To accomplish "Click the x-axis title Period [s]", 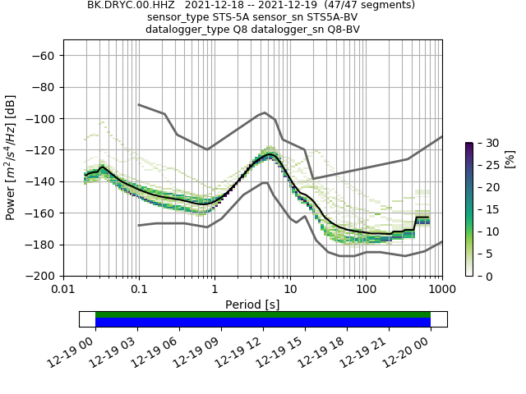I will click(x=252, y=305).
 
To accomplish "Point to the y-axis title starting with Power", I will click(x=12, y=166).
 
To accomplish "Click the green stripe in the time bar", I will click(x=263, y=314).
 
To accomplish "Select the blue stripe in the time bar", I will click(x=263, y=323).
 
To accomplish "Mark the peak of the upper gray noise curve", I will click(x=264, y=112).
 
